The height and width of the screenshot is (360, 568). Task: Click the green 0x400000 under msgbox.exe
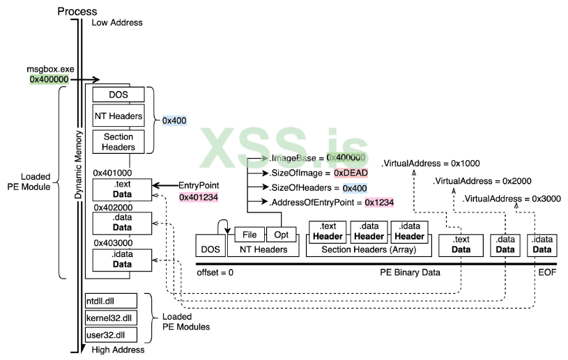49,80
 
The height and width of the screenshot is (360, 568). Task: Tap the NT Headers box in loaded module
118,116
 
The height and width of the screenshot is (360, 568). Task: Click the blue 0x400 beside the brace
174,120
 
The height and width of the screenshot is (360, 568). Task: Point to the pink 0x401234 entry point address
198,197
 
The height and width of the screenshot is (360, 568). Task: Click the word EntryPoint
199,185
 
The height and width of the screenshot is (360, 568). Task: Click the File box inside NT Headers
250,235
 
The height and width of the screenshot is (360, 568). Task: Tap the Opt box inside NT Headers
281,235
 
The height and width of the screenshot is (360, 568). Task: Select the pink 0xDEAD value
351,172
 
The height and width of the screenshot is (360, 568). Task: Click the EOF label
547,272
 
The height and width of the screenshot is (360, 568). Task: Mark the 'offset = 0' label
214,272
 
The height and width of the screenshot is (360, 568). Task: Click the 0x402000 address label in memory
112,208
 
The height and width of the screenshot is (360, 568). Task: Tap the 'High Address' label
118,350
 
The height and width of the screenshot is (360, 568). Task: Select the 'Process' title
77,11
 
